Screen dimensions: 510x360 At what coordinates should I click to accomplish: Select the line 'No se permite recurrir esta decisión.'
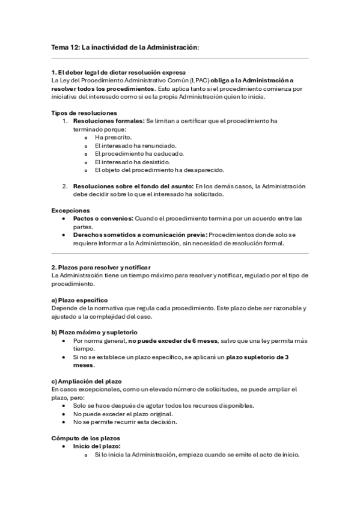click(x=126, y=422)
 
